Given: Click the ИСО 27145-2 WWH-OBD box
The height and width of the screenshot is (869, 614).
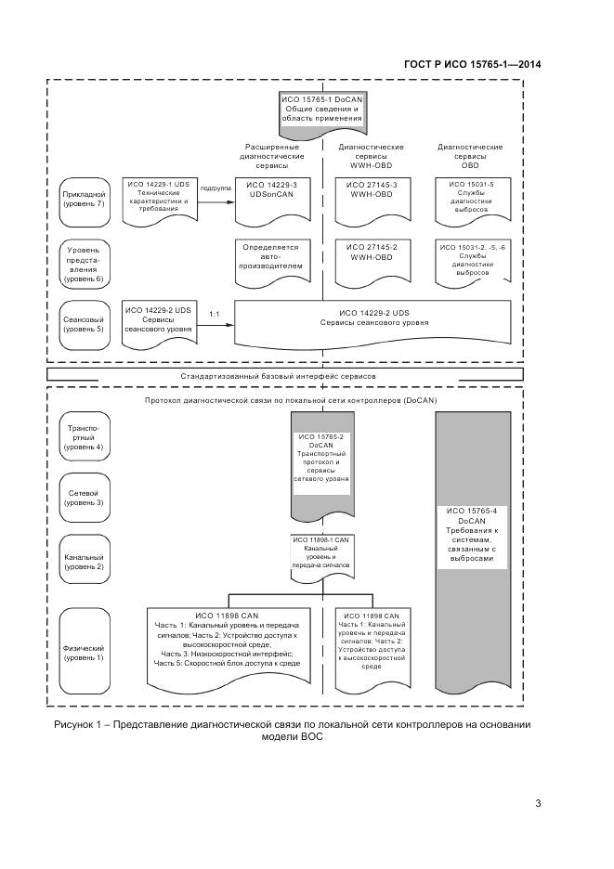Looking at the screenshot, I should point(370,256).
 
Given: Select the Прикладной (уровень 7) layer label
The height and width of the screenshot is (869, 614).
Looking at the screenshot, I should point(85,200).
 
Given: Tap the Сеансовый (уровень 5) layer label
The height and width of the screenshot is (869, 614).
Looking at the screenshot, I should point(85,321).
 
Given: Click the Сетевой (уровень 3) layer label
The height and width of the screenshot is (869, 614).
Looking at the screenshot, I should point(85,496).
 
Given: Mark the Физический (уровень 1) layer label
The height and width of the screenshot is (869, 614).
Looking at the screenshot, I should point(85,651).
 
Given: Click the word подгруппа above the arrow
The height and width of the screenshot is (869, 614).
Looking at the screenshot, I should point(216,187).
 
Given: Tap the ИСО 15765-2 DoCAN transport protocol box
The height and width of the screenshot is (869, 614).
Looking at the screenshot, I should point(320,460).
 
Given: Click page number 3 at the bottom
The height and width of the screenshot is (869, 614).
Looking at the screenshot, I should point(538,804).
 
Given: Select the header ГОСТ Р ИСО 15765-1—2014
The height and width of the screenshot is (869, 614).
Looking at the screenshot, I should point(473,64).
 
